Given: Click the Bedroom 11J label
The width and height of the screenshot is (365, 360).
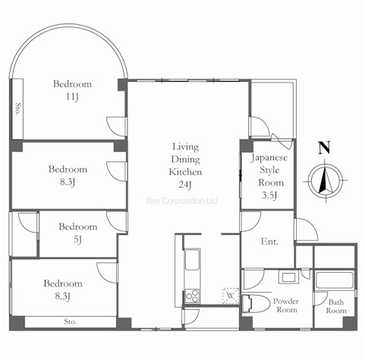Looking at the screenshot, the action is (x=72, y=90).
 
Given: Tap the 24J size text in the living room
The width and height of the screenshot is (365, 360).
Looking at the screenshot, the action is (x=185, y=185).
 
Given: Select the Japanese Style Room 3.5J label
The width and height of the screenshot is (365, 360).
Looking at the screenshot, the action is (x=269, y=176).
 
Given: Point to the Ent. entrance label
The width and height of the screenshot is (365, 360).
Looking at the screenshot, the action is (x=269, y=242).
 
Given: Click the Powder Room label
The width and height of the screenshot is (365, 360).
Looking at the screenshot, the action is (x=286, y=305).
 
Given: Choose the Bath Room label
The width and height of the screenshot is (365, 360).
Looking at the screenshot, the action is (x=336, y=306).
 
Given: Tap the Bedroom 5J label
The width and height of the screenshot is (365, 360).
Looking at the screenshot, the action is (x=78, y=233).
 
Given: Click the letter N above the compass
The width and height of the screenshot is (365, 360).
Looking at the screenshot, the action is (x=324, y=148).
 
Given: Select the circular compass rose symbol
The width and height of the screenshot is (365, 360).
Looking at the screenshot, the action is (x=326, y=181).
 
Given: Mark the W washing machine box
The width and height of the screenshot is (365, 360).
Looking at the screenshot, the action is (x=231, y=296).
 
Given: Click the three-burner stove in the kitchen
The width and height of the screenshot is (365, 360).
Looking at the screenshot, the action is (x=192, y=296).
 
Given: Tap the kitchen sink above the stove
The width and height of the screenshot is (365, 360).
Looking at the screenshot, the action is (x=192, y=259).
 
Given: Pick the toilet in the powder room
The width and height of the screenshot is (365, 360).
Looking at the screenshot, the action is (x=256, y=304).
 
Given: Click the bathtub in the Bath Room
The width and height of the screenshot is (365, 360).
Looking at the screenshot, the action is (x=335, y=280).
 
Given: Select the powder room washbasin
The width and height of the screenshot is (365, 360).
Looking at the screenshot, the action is (x=288, y=277).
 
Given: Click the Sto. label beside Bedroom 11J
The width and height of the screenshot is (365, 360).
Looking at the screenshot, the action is (x=17, y=109).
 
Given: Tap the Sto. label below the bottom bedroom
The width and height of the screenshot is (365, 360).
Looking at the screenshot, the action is (x=70, y=321).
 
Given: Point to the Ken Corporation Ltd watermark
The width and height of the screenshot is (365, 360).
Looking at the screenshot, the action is (x=182, y=201).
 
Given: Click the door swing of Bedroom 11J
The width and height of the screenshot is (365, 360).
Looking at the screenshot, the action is (x=116, y=127).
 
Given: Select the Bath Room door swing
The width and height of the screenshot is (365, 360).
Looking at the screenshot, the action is (x=320, y=299).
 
